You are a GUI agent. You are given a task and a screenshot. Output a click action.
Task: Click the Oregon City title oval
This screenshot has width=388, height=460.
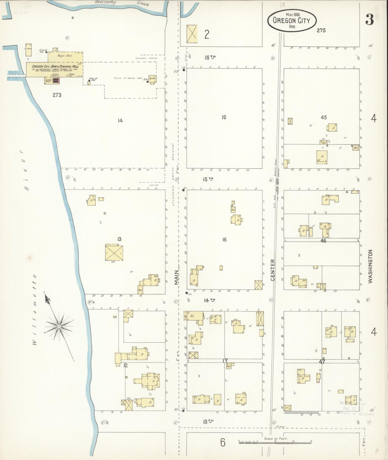coord(292,20)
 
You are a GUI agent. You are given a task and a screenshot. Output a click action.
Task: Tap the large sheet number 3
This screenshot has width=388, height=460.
coord(370,19)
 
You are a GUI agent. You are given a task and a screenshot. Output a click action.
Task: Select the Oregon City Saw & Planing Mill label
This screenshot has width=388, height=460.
coord(55,66)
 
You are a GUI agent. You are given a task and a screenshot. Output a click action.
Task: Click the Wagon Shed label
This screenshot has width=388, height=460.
coord(64,56)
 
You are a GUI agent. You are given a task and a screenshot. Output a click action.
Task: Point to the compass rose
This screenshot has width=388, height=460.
coord(59,327)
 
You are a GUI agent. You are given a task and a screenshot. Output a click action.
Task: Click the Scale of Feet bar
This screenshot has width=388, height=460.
coord(275,441)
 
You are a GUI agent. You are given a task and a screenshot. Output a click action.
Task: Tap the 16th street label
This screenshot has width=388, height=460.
coord(210,57)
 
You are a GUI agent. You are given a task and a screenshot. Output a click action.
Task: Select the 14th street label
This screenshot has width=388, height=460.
coord(209,300)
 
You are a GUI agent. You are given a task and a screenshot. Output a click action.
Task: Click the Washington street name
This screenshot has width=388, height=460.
coord(371,266)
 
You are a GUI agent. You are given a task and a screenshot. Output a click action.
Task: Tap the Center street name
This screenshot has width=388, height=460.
coord(273,270)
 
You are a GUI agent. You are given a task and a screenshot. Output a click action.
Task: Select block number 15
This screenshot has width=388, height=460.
coord(224,117)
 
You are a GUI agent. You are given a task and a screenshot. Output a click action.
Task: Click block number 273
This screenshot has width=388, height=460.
coord(57,95)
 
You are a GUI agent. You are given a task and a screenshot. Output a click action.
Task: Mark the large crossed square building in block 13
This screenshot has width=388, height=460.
coord(114,252)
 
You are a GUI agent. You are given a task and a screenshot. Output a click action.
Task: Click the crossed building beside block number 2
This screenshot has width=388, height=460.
coord(192,34)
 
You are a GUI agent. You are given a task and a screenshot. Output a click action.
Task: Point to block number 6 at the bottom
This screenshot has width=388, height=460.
coord(223,442)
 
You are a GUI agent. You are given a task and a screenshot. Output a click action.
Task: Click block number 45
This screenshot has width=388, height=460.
coord(324,117)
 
